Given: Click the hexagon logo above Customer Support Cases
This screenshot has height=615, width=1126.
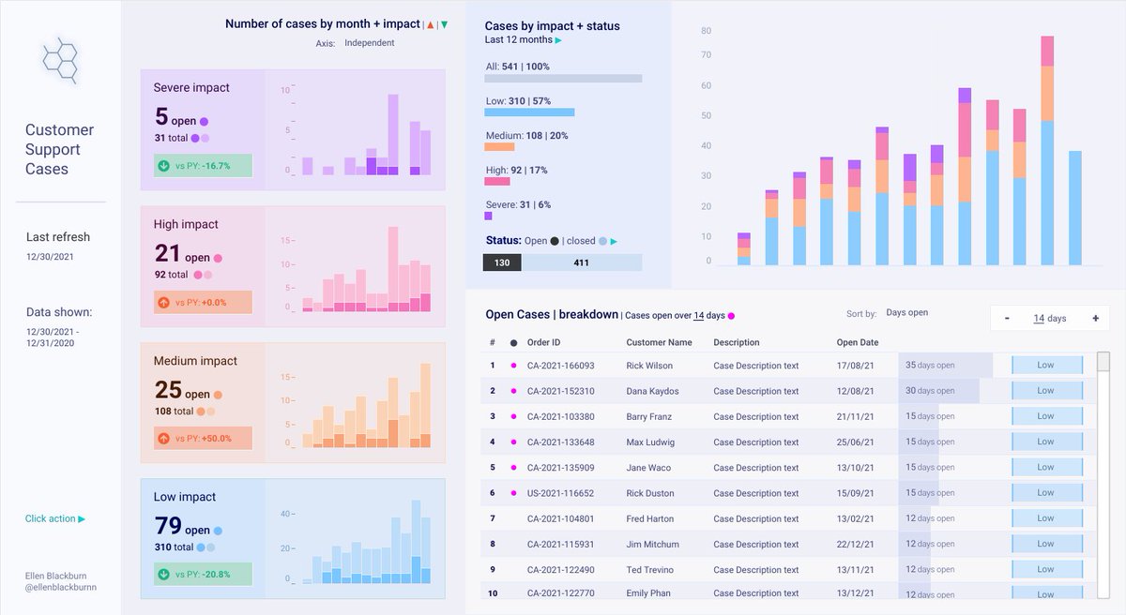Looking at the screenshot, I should pos(59,59).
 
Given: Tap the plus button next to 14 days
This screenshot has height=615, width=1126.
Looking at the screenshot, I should pos(1095,319).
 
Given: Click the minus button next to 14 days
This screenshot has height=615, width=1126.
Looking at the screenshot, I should pos(1007,319).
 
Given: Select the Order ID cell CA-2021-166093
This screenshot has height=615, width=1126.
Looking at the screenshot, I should pos(560,366).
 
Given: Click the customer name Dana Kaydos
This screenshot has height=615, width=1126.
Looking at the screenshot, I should pos(652,391).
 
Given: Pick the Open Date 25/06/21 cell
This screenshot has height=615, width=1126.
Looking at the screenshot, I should pos(855,442).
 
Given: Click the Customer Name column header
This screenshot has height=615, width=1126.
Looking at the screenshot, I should pos(659,342).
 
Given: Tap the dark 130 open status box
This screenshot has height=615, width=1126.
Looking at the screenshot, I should pos(502,262).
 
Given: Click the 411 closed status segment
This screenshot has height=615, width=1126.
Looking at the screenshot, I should pos(582,262).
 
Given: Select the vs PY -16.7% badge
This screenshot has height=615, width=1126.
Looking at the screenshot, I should pos(204,166).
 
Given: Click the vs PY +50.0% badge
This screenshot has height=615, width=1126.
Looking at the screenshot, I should pos(204,438).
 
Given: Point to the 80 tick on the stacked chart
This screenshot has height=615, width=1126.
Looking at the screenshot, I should pos(707,31).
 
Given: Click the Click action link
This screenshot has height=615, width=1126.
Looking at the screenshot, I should pos(55,518).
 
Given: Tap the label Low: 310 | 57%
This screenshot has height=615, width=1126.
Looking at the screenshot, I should pos(518,100).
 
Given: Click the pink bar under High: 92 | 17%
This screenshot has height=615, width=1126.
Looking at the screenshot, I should pos(497,181).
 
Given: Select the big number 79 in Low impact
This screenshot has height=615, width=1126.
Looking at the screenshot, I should pos(168,525).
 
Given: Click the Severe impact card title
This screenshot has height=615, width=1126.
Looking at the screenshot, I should pos(191,87).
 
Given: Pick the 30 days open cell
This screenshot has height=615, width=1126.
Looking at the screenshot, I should pos(930,391).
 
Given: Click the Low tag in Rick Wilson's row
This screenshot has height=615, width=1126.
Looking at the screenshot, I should pos(1046,366).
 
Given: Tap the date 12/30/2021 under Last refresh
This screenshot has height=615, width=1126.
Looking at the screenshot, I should pos(50,256).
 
